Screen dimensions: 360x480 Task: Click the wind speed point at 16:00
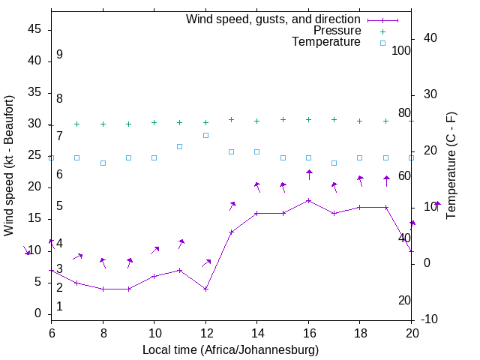308,200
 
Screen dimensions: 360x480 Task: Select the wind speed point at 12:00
205,289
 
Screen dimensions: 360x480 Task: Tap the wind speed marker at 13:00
231,232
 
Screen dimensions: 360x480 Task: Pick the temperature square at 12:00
205,135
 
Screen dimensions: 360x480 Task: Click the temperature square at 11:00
180,146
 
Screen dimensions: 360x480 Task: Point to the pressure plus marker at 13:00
231,119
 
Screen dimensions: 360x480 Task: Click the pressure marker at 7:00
76,124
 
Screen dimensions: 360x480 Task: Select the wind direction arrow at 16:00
308,175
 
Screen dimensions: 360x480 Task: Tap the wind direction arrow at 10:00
154,250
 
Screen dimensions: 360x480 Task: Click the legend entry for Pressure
337,31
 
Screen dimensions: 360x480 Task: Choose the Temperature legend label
326,42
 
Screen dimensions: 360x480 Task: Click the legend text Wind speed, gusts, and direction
273,19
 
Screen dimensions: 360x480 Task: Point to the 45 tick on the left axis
35,29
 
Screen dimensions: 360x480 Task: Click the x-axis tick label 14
256,332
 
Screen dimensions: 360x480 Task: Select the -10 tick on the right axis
430,319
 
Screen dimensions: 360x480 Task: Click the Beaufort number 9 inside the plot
59,55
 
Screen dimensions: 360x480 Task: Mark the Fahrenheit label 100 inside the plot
401,50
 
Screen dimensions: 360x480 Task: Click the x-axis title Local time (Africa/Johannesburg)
231,349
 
